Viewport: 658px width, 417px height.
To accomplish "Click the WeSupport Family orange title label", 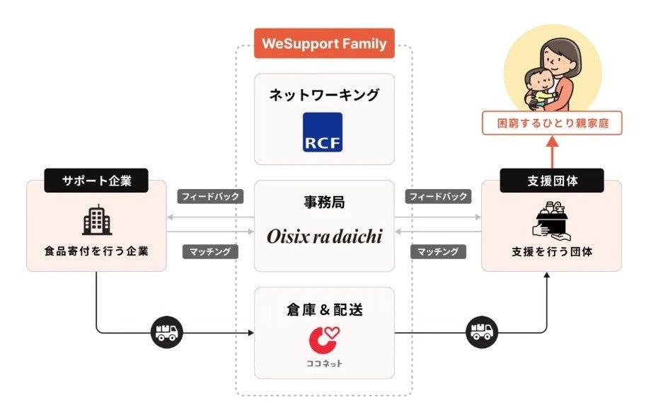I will (x=324, y=43).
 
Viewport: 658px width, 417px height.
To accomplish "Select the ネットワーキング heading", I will (x=324, y=95).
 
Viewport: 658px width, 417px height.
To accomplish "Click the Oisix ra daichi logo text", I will (x=324, y=236).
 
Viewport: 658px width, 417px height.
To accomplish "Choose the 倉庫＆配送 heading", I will (x=324, y=309).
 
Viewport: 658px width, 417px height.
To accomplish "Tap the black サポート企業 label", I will (x=96, y=181).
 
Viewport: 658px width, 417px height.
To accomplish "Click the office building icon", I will (x=97, y=221).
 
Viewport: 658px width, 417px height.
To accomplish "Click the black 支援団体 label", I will (x=552, y=181).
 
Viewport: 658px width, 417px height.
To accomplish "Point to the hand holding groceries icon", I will (x=552, y=220).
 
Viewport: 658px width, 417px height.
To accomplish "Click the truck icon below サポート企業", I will (x=167, y=331).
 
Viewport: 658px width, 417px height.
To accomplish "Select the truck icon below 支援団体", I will (x=483, y=331).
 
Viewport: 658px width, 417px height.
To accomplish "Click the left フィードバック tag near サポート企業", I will (x=211, y=197).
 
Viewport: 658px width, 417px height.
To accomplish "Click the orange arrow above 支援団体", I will (x=552, y=151).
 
